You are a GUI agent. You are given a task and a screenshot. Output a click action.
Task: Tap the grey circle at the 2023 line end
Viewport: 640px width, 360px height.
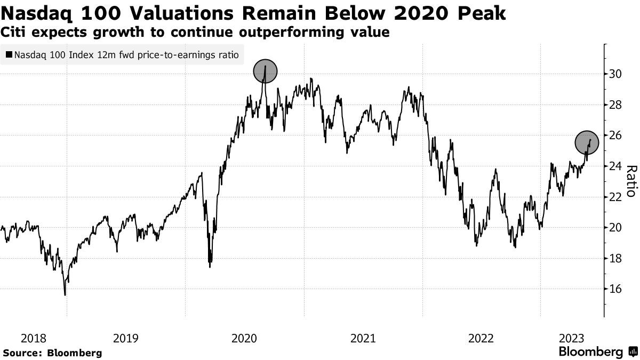point(587,142)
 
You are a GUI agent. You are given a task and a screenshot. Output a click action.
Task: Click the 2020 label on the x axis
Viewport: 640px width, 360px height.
point(244,338)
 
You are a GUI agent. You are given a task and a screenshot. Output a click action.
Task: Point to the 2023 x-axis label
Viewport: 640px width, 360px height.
point(573,338)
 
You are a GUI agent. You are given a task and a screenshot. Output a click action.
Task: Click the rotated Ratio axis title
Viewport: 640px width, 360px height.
point(631,181)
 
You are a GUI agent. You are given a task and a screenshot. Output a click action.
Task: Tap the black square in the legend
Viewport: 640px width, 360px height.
point(9,54)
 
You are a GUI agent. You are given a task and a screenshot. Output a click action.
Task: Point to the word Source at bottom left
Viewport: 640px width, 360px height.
point(22,353)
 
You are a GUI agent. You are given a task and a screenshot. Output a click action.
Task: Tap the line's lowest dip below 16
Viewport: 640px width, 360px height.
point(65,294)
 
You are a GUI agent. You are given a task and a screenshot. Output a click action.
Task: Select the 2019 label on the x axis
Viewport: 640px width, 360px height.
point(126,338)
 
